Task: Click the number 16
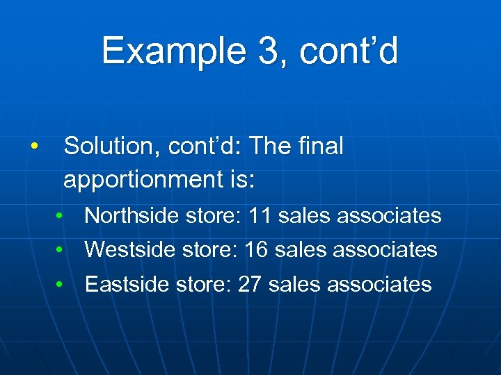[256, 250]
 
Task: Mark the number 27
[249, 284]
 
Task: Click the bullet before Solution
[33, 147]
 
